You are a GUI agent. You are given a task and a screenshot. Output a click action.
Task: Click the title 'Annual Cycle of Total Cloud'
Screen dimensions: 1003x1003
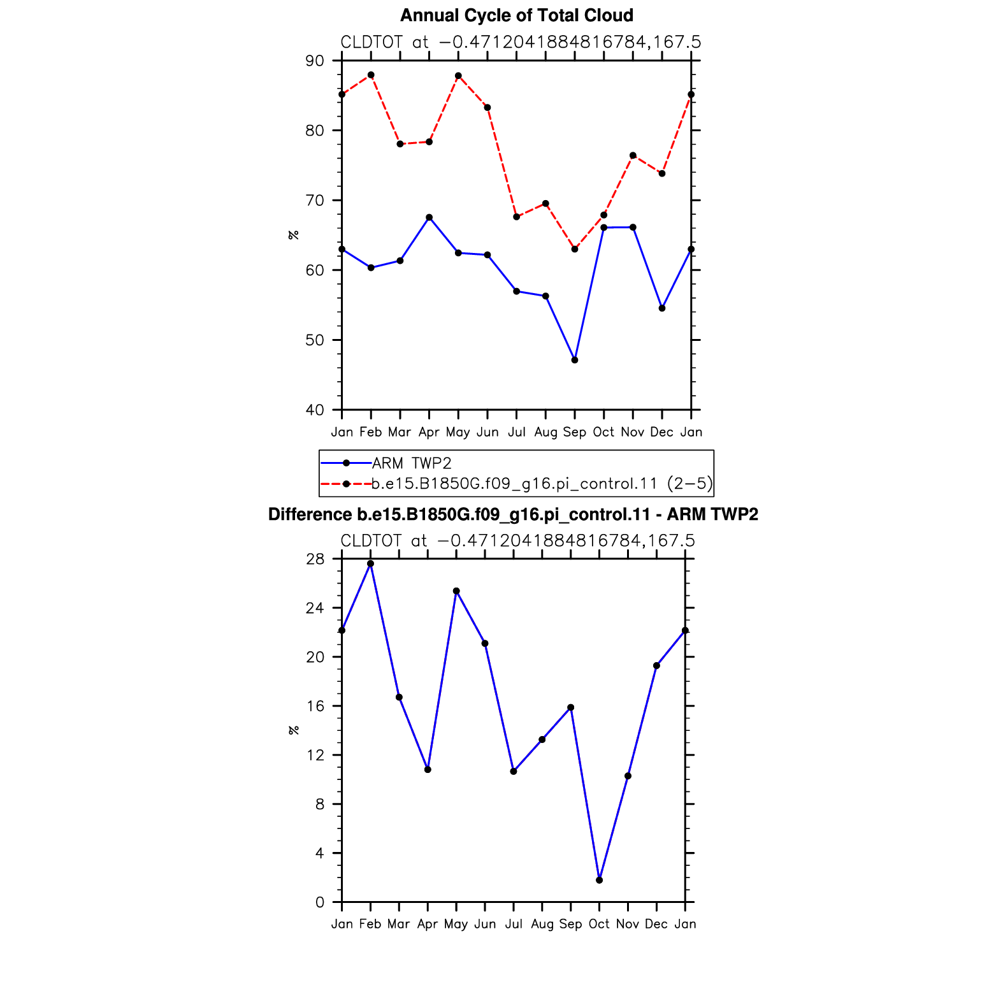517,15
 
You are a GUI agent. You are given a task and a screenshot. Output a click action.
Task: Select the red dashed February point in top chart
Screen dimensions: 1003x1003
371,75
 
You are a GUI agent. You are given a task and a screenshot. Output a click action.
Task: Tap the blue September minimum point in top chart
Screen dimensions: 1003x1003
575,360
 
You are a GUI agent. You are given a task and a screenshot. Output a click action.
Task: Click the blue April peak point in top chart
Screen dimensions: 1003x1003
429,217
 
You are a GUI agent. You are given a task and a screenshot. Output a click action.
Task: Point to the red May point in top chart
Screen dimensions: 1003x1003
458,76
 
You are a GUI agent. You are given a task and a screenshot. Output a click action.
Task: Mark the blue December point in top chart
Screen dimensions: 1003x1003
662,308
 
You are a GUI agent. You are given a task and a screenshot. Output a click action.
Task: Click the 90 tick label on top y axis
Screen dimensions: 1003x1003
315,61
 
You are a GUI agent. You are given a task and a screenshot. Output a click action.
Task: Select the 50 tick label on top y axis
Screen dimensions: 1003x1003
315,340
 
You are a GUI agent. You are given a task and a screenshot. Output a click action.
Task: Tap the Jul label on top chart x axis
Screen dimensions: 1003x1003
517,432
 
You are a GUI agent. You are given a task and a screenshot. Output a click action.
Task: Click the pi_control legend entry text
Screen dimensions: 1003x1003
542,484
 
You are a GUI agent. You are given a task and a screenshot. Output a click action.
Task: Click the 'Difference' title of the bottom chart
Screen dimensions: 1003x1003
513,514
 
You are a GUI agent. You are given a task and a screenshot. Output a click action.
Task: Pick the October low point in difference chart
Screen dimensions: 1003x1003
599,880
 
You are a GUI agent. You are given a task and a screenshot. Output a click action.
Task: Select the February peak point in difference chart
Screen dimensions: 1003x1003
370,563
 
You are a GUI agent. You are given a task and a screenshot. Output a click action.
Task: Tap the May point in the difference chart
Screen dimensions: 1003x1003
456,591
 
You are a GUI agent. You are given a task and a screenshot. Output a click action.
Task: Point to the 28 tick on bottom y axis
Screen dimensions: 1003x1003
315,559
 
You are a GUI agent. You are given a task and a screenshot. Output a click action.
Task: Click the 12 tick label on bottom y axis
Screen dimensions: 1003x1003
315,755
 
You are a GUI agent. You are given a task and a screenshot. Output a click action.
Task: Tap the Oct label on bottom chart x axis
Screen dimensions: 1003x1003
599,924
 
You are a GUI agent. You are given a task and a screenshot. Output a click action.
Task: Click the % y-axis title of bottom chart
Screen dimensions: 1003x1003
294,730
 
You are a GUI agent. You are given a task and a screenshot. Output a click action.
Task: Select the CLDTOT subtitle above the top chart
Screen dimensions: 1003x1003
521,42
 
